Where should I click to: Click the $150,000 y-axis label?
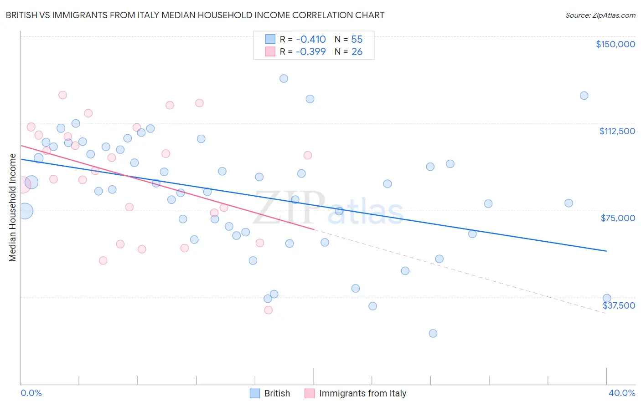coord(615,44)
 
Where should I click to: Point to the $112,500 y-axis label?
coord(617,131)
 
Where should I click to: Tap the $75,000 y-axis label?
coord(618,218)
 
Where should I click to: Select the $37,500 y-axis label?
coord(619,305)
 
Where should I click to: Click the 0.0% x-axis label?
coord(31,393)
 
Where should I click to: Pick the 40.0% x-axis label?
coord(621,393)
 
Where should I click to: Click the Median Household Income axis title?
coord(12,208)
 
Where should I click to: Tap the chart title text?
coord(195,15)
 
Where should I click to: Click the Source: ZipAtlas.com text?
coord(600,15)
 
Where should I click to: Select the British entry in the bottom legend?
coord(277,393)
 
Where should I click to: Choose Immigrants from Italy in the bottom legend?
coord(362,393)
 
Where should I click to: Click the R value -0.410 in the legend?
coord(310,40)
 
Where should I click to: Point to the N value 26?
coord(357,52)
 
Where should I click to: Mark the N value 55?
coord(357,40)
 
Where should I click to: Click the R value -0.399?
coord(310,52)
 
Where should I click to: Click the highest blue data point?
coord(284,78)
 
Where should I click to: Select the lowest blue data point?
coord(433,333)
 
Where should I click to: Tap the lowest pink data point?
coord(269,310)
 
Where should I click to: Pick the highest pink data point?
coord(62,95)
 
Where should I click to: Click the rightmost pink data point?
coord(308,155)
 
